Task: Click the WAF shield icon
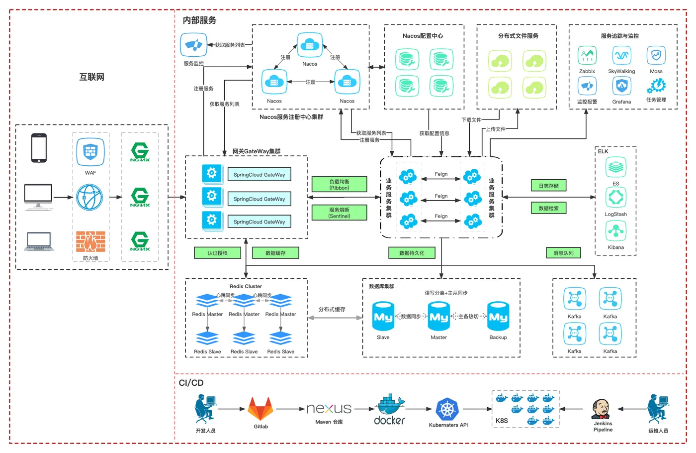tap(90, 152)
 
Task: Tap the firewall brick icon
tap(90, 241)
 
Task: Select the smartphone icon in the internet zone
tap(39, 148)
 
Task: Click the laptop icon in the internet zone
tap(39, 241)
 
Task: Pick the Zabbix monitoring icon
tap(587, 55)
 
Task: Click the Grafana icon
tap(621, 87)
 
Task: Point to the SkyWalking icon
tap(621, 55)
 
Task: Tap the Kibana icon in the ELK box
tap(616, 231)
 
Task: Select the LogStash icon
tap(616, 198)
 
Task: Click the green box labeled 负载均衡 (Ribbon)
tap(340, 184)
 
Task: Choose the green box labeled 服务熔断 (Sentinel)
tap(340, 213)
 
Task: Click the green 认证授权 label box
tap(217, 253)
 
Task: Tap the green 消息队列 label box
tap(563, 253)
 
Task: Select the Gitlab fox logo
tap(261, 409)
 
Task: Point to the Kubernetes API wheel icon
tap(447, 410)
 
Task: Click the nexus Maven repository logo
tap(329, 409)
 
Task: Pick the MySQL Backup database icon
tap(498, 317)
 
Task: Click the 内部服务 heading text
tap(199, 20)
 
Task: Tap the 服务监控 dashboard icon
tap(193, 45)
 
